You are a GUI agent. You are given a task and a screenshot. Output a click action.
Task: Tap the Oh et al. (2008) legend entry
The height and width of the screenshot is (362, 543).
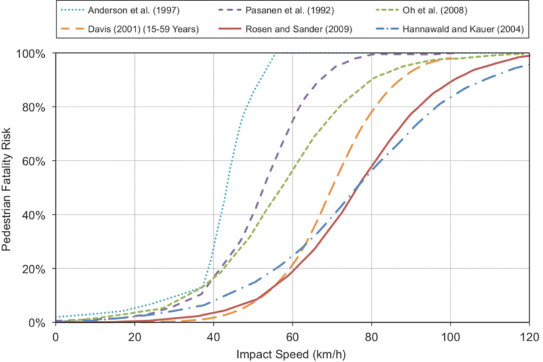click(x=444, y=10)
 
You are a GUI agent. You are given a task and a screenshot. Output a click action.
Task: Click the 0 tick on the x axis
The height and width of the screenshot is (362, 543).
click(x=56, y=336)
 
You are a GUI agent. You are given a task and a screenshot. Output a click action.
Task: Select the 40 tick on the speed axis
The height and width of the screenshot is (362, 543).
click(x=213, y=336)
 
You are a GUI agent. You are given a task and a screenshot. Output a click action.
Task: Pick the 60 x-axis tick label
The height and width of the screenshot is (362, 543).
click(x=292, y=336)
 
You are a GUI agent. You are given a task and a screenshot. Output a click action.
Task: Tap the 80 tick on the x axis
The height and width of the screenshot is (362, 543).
click(x=371, y=336)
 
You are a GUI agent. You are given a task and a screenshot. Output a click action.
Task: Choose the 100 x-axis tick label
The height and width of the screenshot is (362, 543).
click(x=450, y=336)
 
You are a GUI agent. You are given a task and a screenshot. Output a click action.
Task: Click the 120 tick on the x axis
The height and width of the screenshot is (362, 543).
click(x=529, y=336)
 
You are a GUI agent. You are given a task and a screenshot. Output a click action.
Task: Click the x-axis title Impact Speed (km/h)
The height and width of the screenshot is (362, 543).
click(x=292, y=353)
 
